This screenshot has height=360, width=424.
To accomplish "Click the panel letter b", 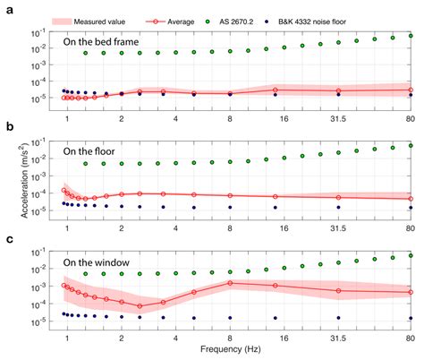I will click(x=8, y=128).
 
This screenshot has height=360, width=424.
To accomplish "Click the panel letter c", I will click(x=8, y=239).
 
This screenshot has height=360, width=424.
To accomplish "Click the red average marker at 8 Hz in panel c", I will click(x=230, y=283).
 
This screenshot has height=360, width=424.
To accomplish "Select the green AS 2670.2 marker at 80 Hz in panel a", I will click(x=411, y=37).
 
